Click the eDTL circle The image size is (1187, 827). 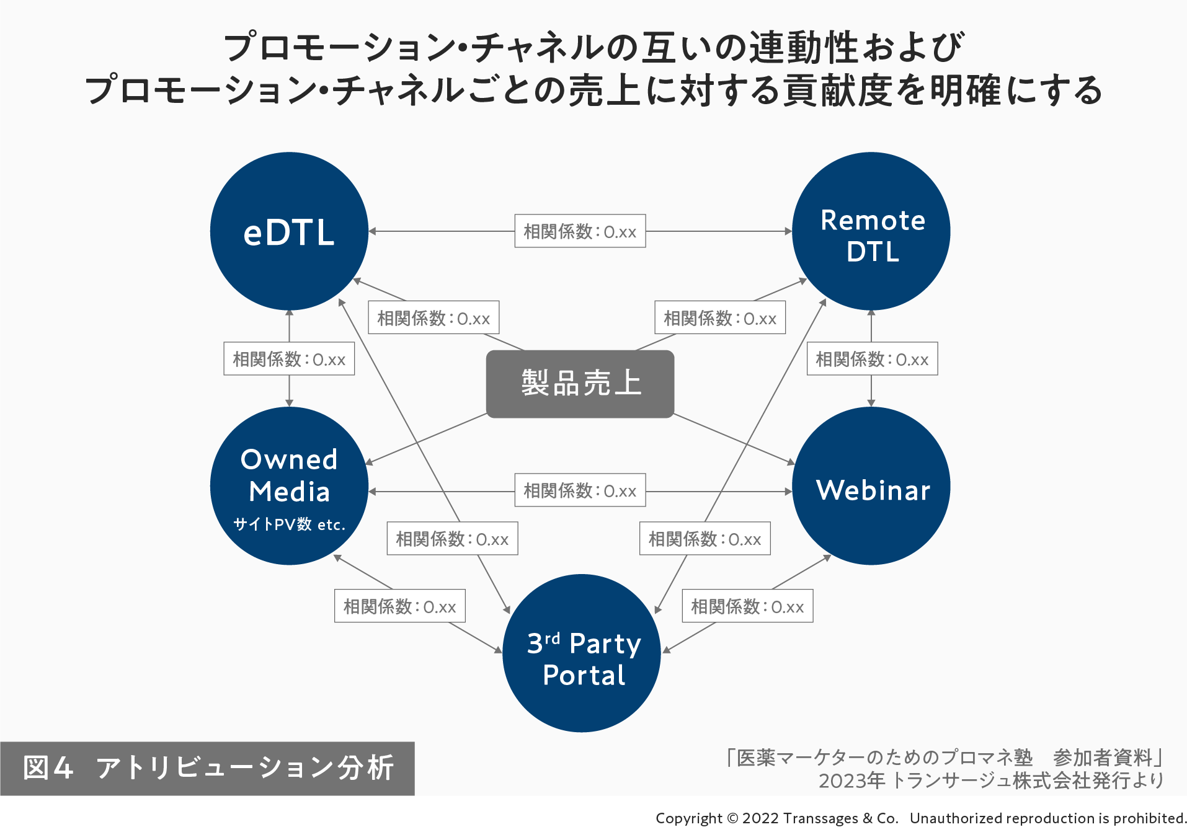(x=289, y=231)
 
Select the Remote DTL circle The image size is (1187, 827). (x=871, y=231)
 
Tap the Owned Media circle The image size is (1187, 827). (x=289, y=485)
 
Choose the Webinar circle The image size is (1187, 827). (x=871, y=485)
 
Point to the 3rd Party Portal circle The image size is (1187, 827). (x=581, y=653)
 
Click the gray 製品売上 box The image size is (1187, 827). (x=580, y=384)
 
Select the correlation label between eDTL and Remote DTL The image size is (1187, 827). (x=580, y=231)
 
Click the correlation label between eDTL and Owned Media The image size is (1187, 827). (x=289, y=359)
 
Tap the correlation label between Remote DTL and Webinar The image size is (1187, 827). (x=872, y=359)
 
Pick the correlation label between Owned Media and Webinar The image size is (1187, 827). (x=580, y=490)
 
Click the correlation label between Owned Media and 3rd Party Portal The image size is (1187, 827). (x=400, y=606)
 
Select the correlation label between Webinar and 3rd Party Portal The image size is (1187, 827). (x=747, y=606)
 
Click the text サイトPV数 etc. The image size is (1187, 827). (x=289, y=524)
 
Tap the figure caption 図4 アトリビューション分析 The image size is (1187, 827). (x=207, y=768)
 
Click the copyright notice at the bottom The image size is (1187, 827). (x=920, y=818)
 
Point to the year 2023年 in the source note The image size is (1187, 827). (x=851, y=781)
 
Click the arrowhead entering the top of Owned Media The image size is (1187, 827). (x=289, y=403)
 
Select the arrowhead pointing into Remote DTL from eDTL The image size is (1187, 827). (x=788, y=231)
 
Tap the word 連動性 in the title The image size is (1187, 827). (x=803, y=48)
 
